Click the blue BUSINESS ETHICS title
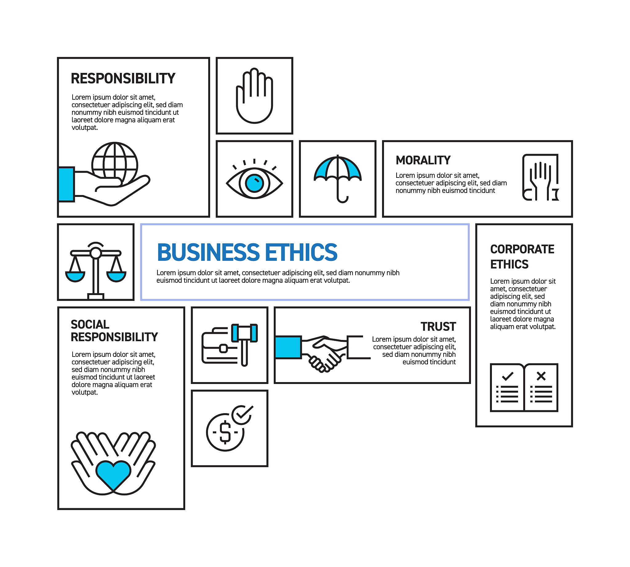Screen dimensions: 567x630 247,252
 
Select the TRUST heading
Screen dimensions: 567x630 438,326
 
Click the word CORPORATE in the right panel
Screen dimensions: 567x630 522,249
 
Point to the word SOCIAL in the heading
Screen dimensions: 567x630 90,324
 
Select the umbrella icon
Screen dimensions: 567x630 337,178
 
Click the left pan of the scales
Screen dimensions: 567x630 75,275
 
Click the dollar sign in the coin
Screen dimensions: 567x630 225,432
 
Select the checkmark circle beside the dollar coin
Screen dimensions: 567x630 242,415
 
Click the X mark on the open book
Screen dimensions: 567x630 541,376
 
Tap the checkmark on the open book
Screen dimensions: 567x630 508,376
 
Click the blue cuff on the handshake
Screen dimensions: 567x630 288,347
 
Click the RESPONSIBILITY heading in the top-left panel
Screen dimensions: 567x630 123,78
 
